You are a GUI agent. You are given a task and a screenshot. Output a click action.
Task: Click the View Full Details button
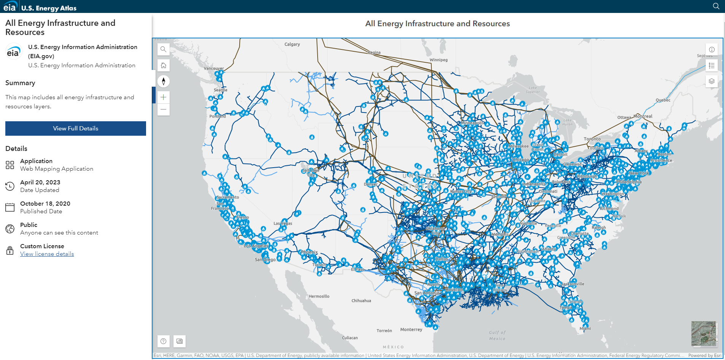76,128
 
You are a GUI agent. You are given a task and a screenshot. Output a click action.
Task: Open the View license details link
47,254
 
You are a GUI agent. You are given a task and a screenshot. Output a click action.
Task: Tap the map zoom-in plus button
164,97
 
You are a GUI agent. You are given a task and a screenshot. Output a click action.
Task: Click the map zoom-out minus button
164,109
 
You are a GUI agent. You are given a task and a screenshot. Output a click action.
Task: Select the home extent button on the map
164,65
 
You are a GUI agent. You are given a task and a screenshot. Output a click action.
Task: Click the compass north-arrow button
164,81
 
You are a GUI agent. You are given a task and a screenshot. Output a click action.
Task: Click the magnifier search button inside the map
164,49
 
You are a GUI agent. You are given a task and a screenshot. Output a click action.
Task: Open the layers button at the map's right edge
712,81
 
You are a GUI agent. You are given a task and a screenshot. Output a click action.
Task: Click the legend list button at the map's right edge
712,66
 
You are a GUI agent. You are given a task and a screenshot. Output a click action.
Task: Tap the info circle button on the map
712,50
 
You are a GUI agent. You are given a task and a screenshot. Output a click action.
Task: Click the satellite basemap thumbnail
704,333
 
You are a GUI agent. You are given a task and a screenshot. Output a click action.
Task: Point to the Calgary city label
292,44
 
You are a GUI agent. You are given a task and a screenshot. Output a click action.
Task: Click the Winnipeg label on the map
439,60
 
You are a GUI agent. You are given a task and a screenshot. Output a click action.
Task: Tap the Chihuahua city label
361,301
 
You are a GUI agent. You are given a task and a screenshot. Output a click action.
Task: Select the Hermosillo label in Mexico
319,297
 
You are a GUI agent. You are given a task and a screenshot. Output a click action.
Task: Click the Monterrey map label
411,330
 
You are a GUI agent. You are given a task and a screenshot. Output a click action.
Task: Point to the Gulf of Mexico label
497,335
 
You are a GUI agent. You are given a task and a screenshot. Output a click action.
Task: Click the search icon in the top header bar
716,6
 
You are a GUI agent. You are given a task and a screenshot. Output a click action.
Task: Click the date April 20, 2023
40,182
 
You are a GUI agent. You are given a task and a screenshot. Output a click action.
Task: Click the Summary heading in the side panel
20,83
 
